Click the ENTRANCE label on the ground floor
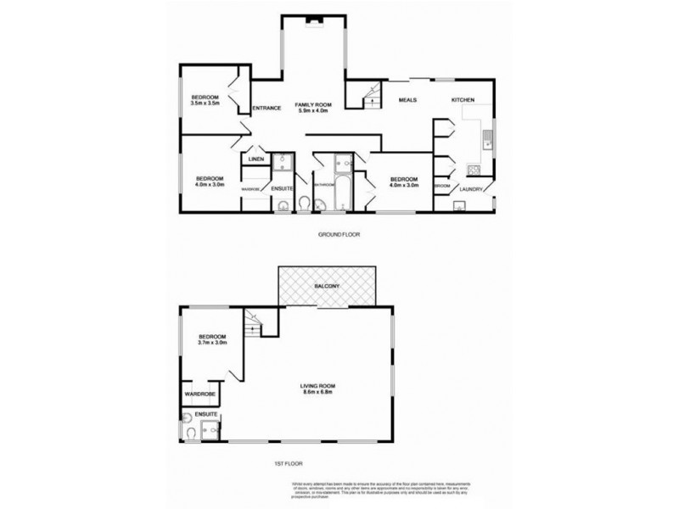coord(267,108)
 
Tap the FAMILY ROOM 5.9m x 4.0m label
coord(312,108)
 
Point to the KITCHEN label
coord(463,100)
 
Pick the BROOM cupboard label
coord(441,187)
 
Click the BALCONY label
coord(327,286)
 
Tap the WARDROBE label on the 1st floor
coord(199,394)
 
